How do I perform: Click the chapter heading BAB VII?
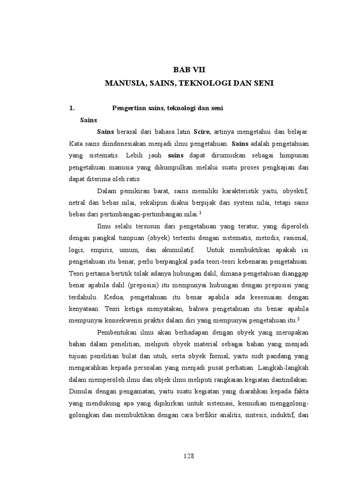(189, 69)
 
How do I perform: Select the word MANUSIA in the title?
(123, 83)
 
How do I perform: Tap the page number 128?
(188, 456)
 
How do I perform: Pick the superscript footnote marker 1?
(200, 212)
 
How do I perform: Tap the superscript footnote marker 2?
(298, 319)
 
